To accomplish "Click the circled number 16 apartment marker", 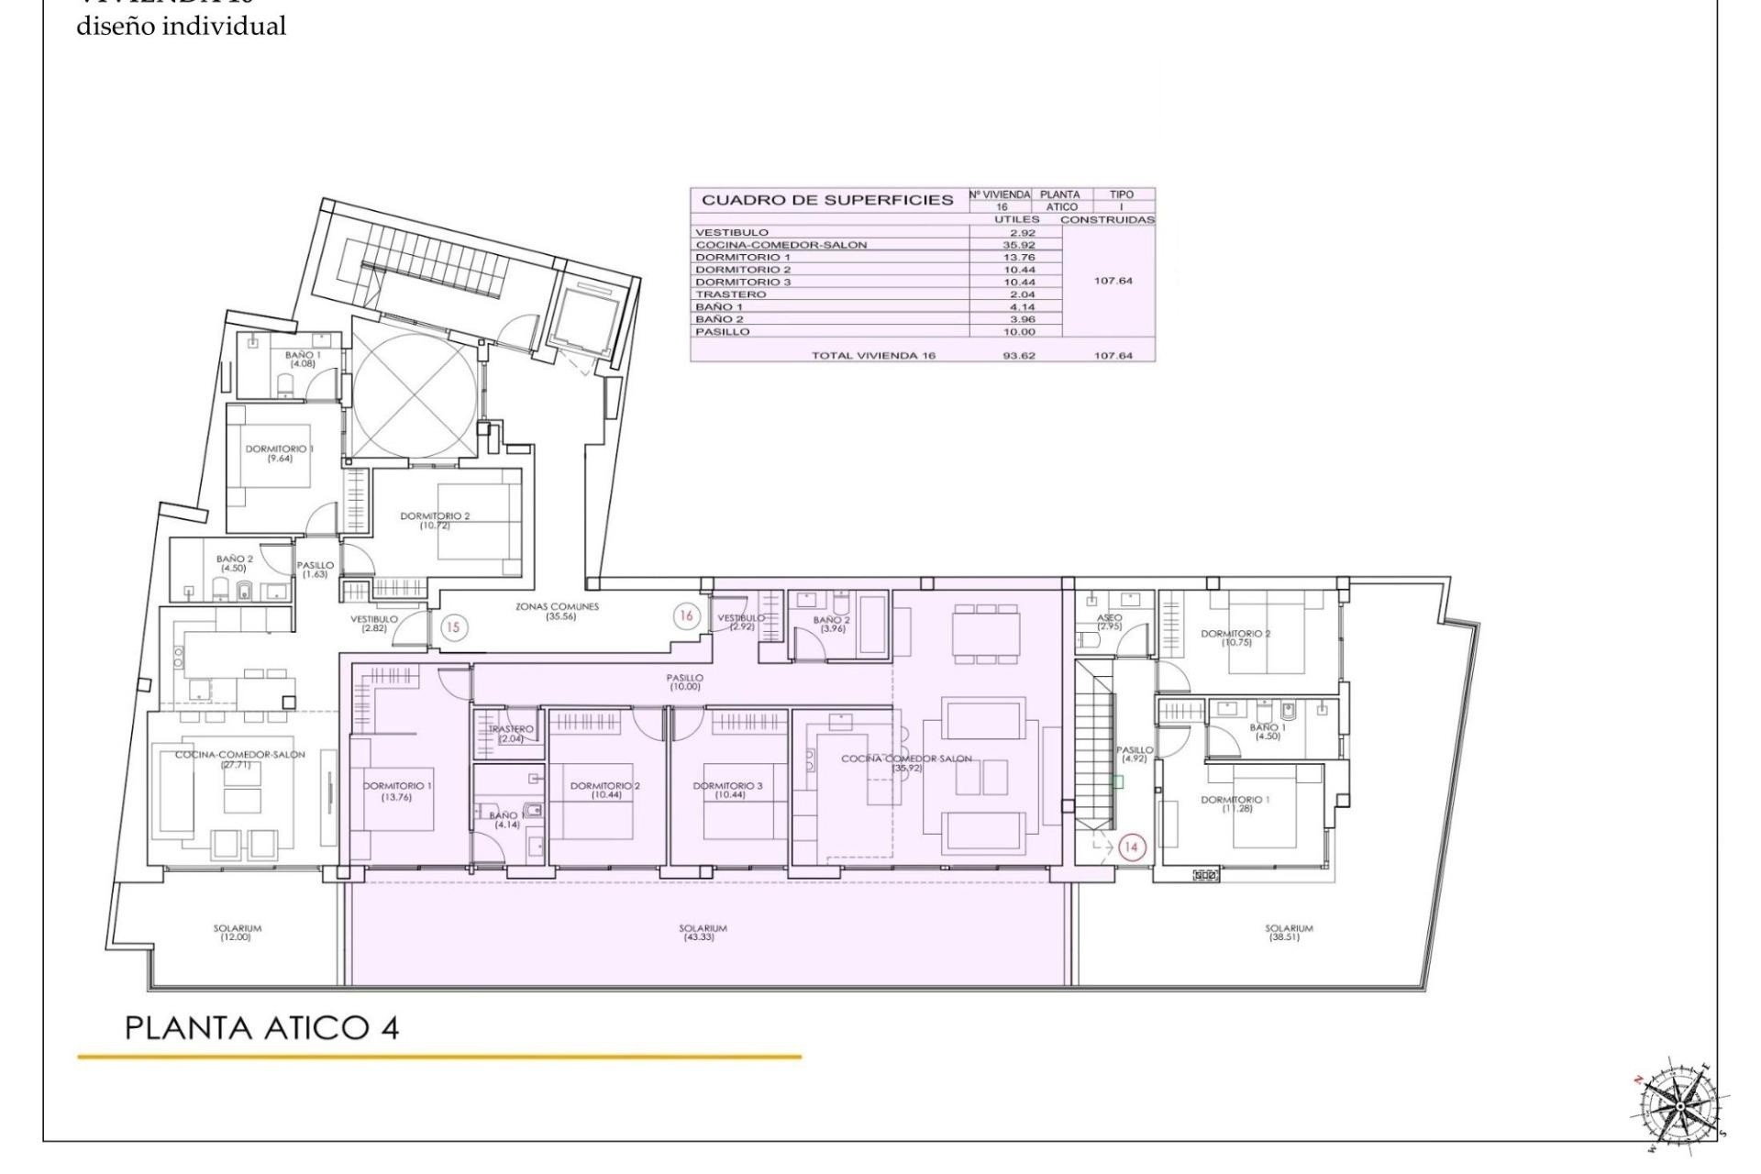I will coord(685,615).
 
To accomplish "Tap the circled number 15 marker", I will coord(453,627).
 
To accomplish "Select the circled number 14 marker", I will coord(1130,847).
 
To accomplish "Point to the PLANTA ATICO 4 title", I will coord(262,1027).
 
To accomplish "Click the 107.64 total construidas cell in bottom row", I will coord(1112,355).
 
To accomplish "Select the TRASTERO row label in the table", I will coord(731,294).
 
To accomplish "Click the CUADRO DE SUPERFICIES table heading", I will coord(827,200).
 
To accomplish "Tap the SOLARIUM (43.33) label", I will coord(703,933).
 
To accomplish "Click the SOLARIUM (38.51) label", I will coord(1289,933).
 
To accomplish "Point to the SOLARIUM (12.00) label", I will coord(238,933).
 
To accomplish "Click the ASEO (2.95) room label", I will coord(1109,622).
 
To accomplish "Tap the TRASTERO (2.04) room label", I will coord(511,734).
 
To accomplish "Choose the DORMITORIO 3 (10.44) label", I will coord(727,790).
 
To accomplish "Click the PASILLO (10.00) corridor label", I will coord(685,682).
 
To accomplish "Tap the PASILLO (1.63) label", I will coord(315,570).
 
